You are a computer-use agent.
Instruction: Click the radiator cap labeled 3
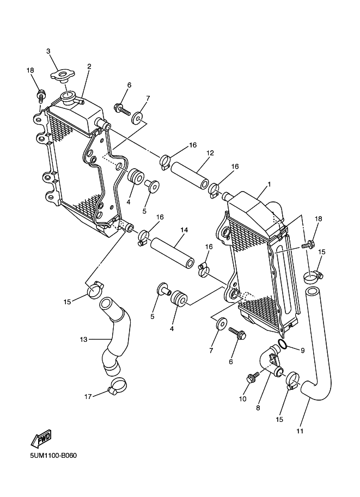coord(63,76)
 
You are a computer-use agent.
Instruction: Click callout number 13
coord(83,339)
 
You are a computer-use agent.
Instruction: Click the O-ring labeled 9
coord(282,345)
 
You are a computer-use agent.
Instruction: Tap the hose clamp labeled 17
coord(118,388)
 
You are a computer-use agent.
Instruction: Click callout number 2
coord(89,66)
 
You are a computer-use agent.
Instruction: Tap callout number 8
coord(258,407)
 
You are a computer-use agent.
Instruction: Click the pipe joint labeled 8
coord(273,361)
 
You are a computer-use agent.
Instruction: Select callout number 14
coord(184,230)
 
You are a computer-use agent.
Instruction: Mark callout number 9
coord(303,350)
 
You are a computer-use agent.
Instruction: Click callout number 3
coord(48,51)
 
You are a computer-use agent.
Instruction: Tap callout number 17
coord(88,397)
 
